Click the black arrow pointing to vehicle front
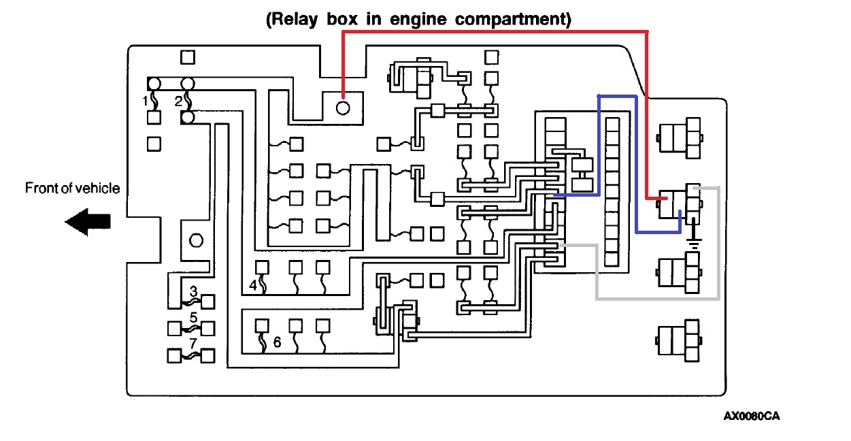(x=88, y=223)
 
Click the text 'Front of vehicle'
(x=72, y=189)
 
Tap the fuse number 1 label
(x=145, y=101)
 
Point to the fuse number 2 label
(x=178, y=101)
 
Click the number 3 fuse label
(x=194, y=291)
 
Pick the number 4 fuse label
(x=253, y=286)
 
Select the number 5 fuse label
(x=194, y=317)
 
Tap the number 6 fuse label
(x=277, y=342)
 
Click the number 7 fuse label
(x=194, y=343)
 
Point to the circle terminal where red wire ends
(x=344, y=107)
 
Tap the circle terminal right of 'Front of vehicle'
(x=197, y=240)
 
